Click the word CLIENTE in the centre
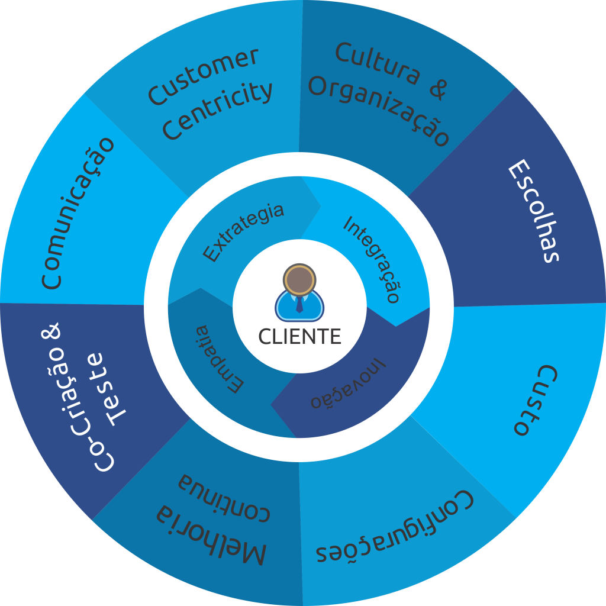[x=299, y=336]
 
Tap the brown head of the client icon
[x=299, y=280]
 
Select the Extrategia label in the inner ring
[x=243, y=233]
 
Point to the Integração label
[x=372, y=259]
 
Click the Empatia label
[x=219, y=359]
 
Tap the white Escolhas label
[x=533, y=211]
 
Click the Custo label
[x=536, y=400]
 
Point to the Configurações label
[x=395, y=526]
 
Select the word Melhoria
[x=211, y=534]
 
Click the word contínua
[x=224, y=497]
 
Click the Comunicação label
[x=78, y=213]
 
